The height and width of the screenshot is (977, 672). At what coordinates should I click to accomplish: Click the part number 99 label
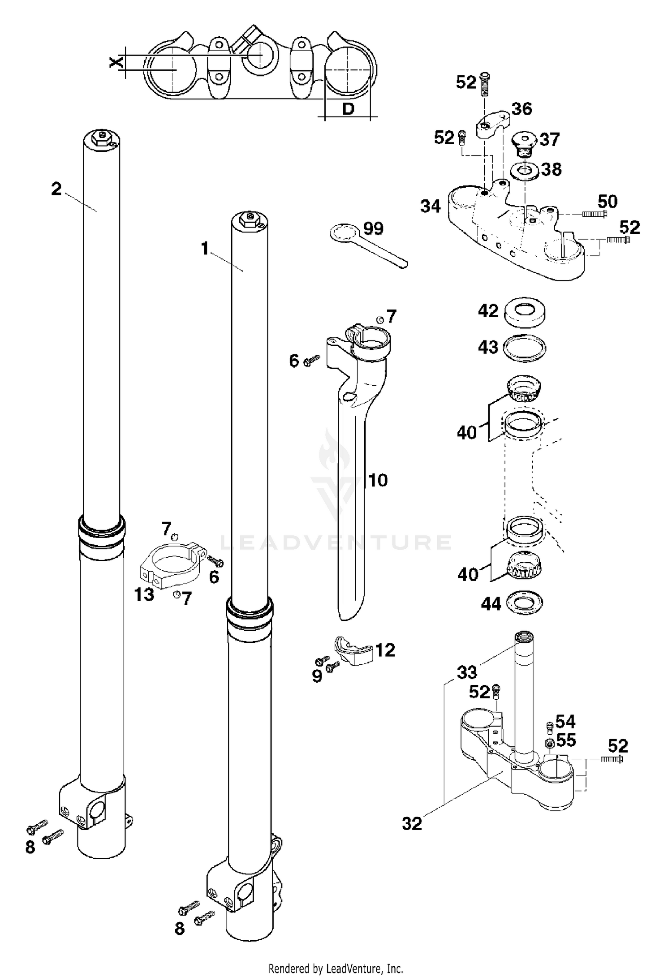[x=373, y=229]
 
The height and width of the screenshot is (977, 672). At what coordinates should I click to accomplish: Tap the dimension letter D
[x=348, y=108]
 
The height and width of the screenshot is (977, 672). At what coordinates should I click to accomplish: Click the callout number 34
[x=430, y=207]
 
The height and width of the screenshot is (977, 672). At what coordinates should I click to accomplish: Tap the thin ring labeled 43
[x=525, y=348]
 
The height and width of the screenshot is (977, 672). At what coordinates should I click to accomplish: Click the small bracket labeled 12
[x=354, y=650]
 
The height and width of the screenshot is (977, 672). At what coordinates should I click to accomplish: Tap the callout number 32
[x=412, y=823]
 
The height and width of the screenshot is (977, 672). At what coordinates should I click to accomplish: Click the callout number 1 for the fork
[x=205, y=248]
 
